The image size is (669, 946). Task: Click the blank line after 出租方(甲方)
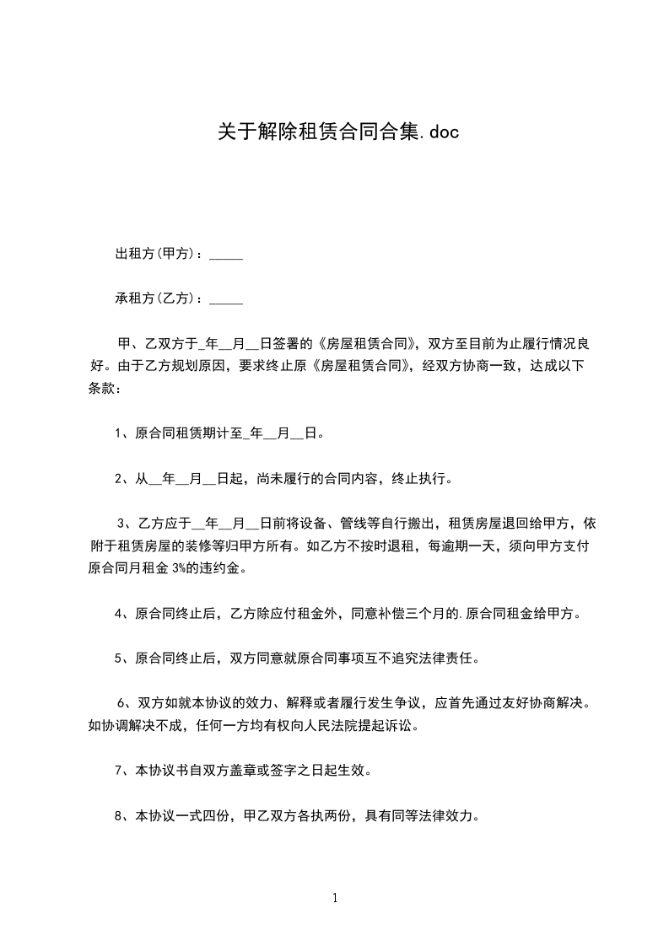pos(225,254)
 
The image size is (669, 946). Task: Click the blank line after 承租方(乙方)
pos(225,298)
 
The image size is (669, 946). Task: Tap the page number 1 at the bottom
pos(335,898)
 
